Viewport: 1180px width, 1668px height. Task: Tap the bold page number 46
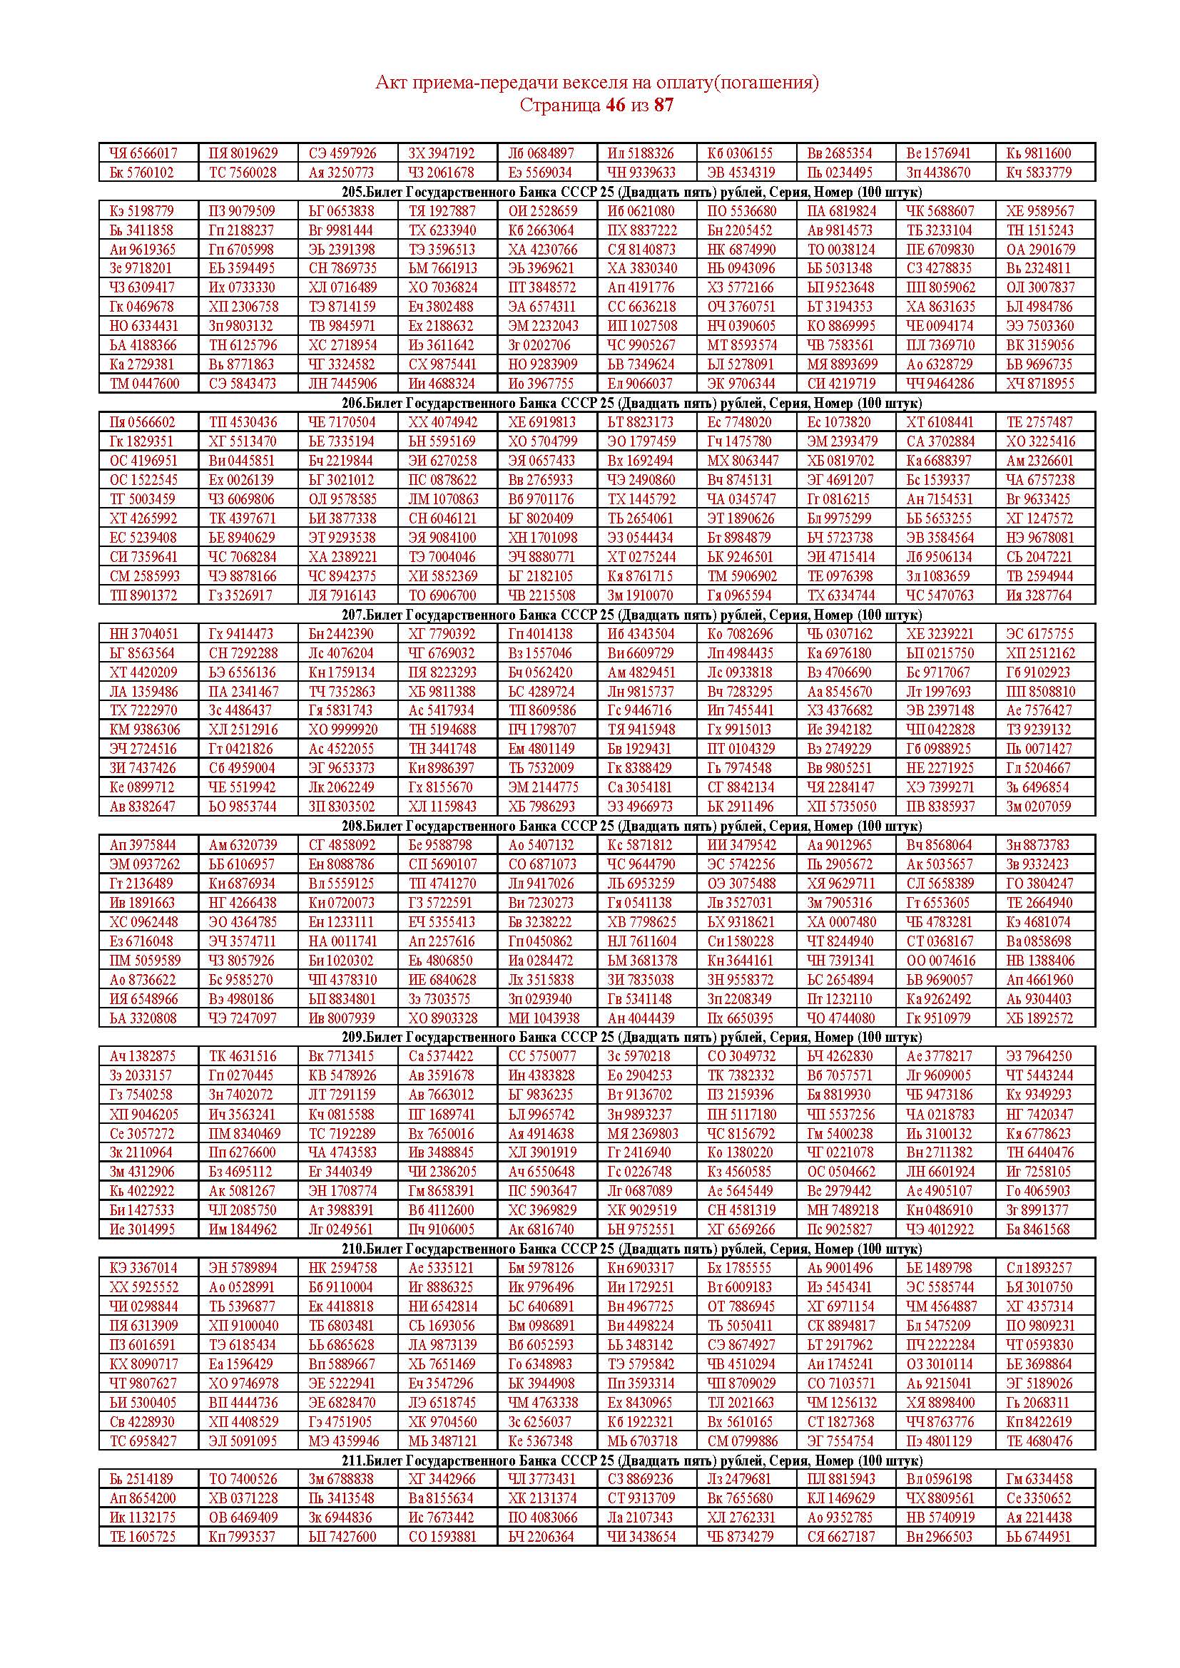coord(615,105)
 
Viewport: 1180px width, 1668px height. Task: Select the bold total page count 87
coord(663,105)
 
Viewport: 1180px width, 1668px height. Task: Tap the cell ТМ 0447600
coord(144,383)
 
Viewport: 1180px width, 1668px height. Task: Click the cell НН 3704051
coord(143,633)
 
